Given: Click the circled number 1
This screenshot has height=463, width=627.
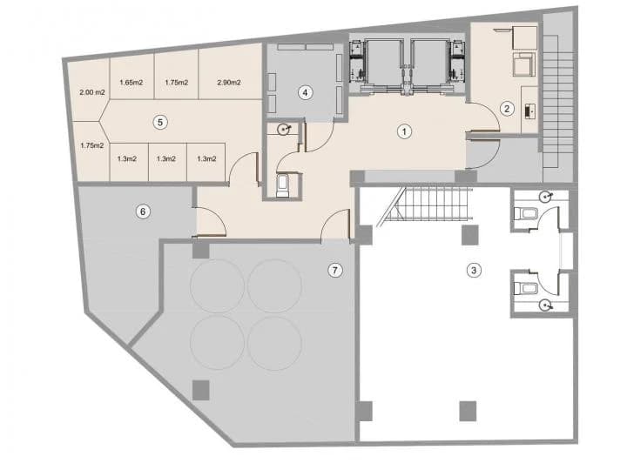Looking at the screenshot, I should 403,131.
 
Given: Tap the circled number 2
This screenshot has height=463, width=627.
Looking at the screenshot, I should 506,109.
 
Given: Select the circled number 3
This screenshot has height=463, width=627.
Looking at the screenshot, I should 473,270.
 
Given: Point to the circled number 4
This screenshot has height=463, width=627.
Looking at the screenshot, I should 305,91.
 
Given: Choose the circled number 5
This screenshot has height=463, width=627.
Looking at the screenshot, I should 159,122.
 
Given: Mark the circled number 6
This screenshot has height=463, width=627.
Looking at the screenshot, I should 144,210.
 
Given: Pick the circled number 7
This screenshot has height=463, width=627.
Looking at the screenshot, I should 335,270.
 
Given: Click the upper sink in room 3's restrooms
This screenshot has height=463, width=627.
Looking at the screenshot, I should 545,196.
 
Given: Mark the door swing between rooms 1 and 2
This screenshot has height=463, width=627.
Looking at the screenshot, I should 482,117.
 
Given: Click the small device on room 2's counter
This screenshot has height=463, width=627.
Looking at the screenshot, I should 532,111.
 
